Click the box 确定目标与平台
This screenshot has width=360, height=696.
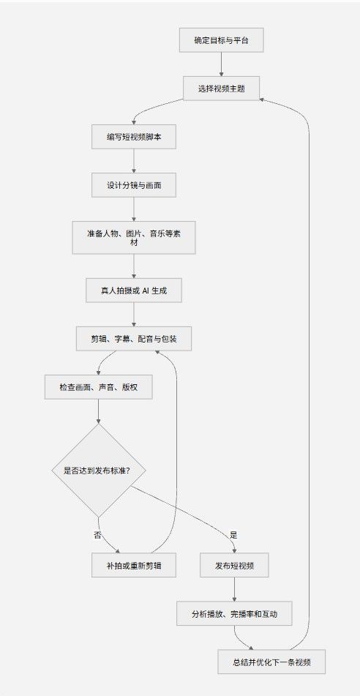pyautogui.click(x=222, y=40)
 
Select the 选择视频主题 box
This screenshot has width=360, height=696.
pyautogui.click(x=222, y=89)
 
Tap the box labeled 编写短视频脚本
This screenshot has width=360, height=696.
pyautogui.click(x=134, y=137)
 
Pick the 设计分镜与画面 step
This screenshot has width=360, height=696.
pyautogui.click(x=134, y=184)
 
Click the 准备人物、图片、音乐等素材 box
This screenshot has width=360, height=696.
pyautogui.click(x=134, y=237)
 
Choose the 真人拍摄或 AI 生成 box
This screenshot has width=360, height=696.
pyautogui.click(x=134, y=291)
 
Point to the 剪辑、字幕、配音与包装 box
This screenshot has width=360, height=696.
pyautogui.click(x=134, y=339)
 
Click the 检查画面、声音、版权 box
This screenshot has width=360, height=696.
pyautogui.click(x=99, y=387)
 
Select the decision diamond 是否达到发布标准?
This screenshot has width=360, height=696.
pyautogui.click(x=99, y=470)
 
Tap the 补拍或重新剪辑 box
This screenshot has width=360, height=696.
pyautogui.click(x=134, y=565)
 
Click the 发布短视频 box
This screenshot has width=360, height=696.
pyautogui.click(x=234, y=565)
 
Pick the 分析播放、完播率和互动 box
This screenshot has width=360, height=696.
pyautogui.click(x=234, y=613)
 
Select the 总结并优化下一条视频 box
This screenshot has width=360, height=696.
pyautogui.click(x=271, y=662)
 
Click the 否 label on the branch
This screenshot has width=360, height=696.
pyautogui.click(x=97, y=534)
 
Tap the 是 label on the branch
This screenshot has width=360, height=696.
pyautogui.click(x=234, y=534)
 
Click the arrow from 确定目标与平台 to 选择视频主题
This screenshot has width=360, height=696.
pyautogui.click(x=222, y=64)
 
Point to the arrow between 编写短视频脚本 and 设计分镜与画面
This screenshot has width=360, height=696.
pyautogui.click(x=134, y=161)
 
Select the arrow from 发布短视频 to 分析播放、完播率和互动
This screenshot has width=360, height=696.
pyautogui.click(x=234, y=589)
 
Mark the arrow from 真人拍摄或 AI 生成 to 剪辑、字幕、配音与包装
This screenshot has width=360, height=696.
pyautogui.click(x=134, y=315)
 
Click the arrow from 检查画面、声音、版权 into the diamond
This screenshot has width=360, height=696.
pyautogui.click(x=99, y=411)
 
